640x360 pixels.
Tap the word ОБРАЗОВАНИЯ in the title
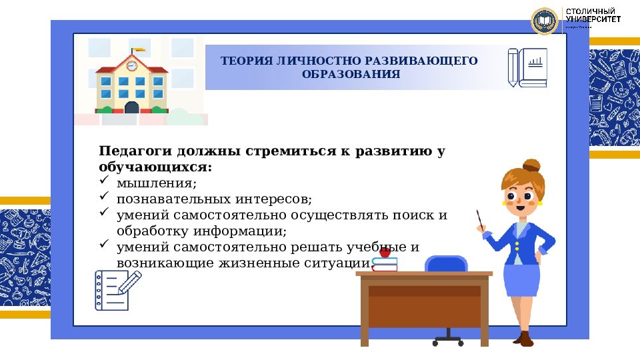[351, 74]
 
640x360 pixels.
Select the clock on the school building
[131, 66]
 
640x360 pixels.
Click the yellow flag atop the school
[138, 49]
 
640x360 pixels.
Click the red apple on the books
[385, 252]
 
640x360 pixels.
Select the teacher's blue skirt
[521, 279]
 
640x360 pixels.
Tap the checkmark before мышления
[104, 181]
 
